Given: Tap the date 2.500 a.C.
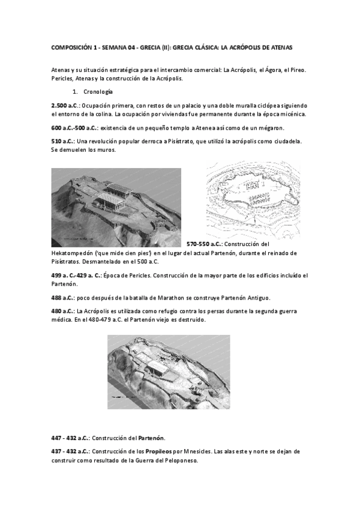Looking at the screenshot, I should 64,104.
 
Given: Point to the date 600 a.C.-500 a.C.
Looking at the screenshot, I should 74,127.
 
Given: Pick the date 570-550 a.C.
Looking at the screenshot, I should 208,244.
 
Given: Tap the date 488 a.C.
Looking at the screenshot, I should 62,298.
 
